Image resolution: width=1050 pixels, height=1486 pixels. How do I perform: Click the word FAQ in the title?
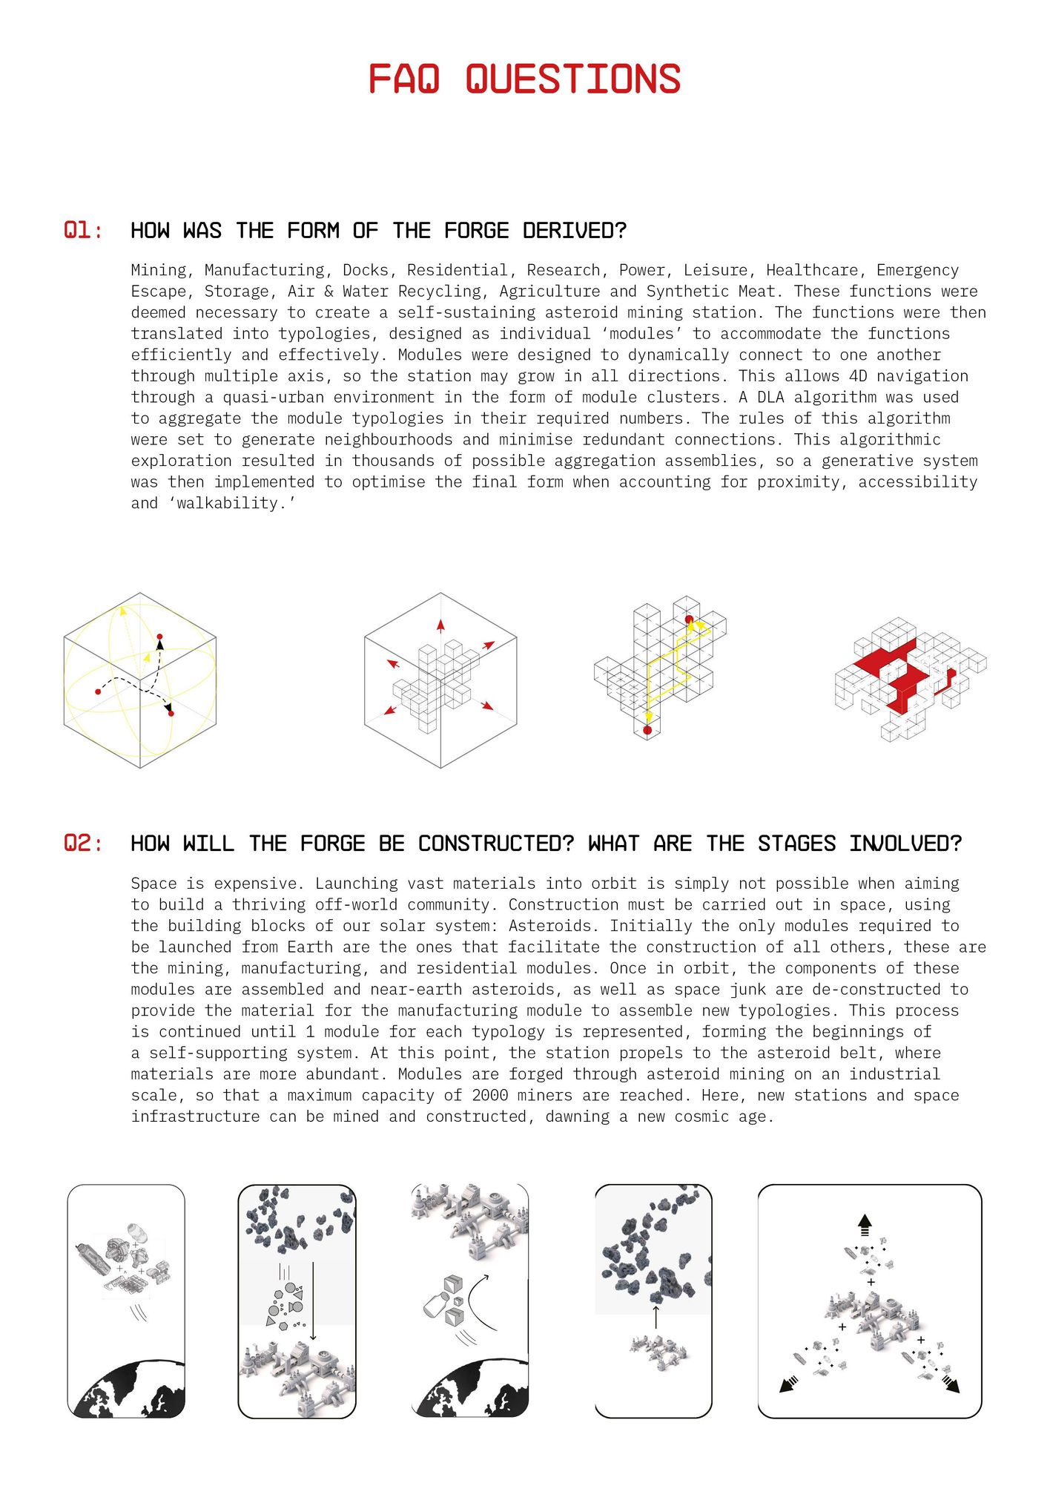pos(404,79)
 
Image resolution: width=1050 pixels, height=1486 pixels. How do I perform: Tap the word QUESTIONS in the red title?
pos(572,79)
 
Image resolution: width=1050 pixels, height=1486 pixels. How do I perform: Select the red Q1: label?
pos(82,231)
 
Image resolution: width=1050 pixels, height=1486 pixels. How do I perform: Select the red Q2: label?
pos(82,844)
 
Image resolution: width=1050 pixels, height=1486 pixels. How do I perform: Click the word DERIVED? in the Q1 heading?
pos(574,231)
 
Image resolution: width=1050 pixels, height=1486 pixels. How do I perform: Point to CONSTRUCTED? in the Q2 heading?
pos(496,844)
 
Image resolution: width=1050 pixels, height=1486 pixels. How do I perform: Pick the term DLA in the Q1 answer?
pos(771,398)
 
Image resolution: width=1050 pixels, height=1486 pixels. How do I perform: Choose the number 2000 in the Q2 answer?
pos(490,1096)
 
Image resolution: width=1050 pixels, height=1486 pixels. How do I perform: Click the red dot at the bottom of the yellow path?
pos(647,731)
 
